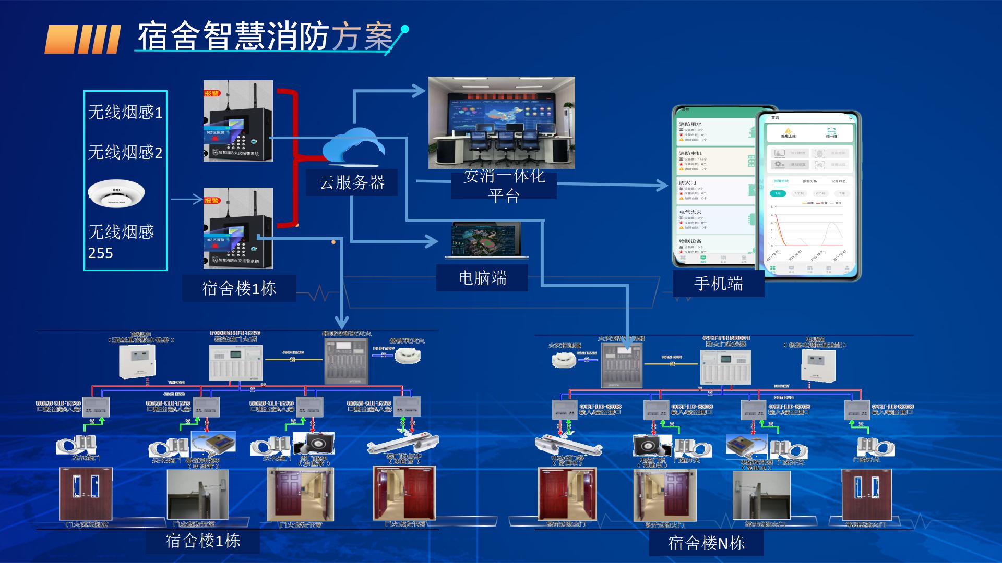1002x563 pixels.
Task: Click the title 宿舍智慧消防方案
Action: click(x=265, y=36)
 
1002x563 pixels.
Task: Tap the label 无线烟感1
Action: click(x=125, y=112)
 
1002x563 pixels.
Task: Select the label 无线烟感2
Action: click(x=125, y=152)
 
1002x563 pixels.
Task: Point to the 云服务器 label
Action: click(x=352, y=182)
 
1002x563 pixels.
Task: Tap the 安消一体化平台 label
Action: click(x=504, y=186)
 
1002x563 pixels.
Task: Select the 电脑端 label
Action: click(x=482, y=278)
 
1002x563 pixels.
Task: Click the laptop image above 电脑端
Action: click(x=486, y=240)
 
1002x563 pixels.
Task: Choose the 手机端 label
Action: click(x=718, y=284)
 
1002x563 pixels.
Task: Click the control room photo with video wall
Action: click(x=502, y=123)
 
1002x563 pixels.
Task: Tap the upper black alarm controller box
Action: click(x=238, y=121)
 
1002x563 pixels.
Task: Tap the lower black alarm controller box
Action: click(x=238, y=228)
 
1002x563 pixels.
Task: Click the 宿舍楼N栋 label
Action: click(x=706, y=544)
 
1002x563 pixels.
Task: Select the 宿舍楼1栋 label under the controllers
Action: click(x=239, y=288)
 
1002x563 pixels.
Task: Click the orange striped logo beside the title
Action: click(x=82, y=39)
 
